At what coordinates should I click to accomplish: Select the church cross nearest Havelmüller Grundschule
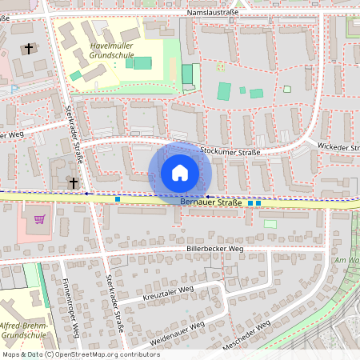pyautogui.click(x=30, y=50)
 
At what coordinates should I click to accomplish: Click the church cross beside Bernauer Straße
pyautogui.click(x=74, y=183)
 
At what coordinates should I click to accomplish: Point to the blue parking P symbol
pyautogui.click(x=14, y=90)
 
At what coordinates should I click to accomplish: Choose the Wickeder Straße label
pyautogui.click(x=338, y=147)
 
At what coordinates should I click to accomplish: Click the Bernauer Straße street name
pyautogui.click(x=210, y=202)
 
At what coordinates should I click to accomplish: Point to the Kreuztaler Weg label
pyautogui.click(x=169, y=293)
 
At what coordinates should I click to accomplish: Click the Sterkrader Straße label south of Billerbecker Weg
pyautogui.click(x=115, y=303)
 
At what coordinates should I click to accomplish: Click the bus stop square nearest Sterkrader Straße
pyautogui.click(x=118, y=198)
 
